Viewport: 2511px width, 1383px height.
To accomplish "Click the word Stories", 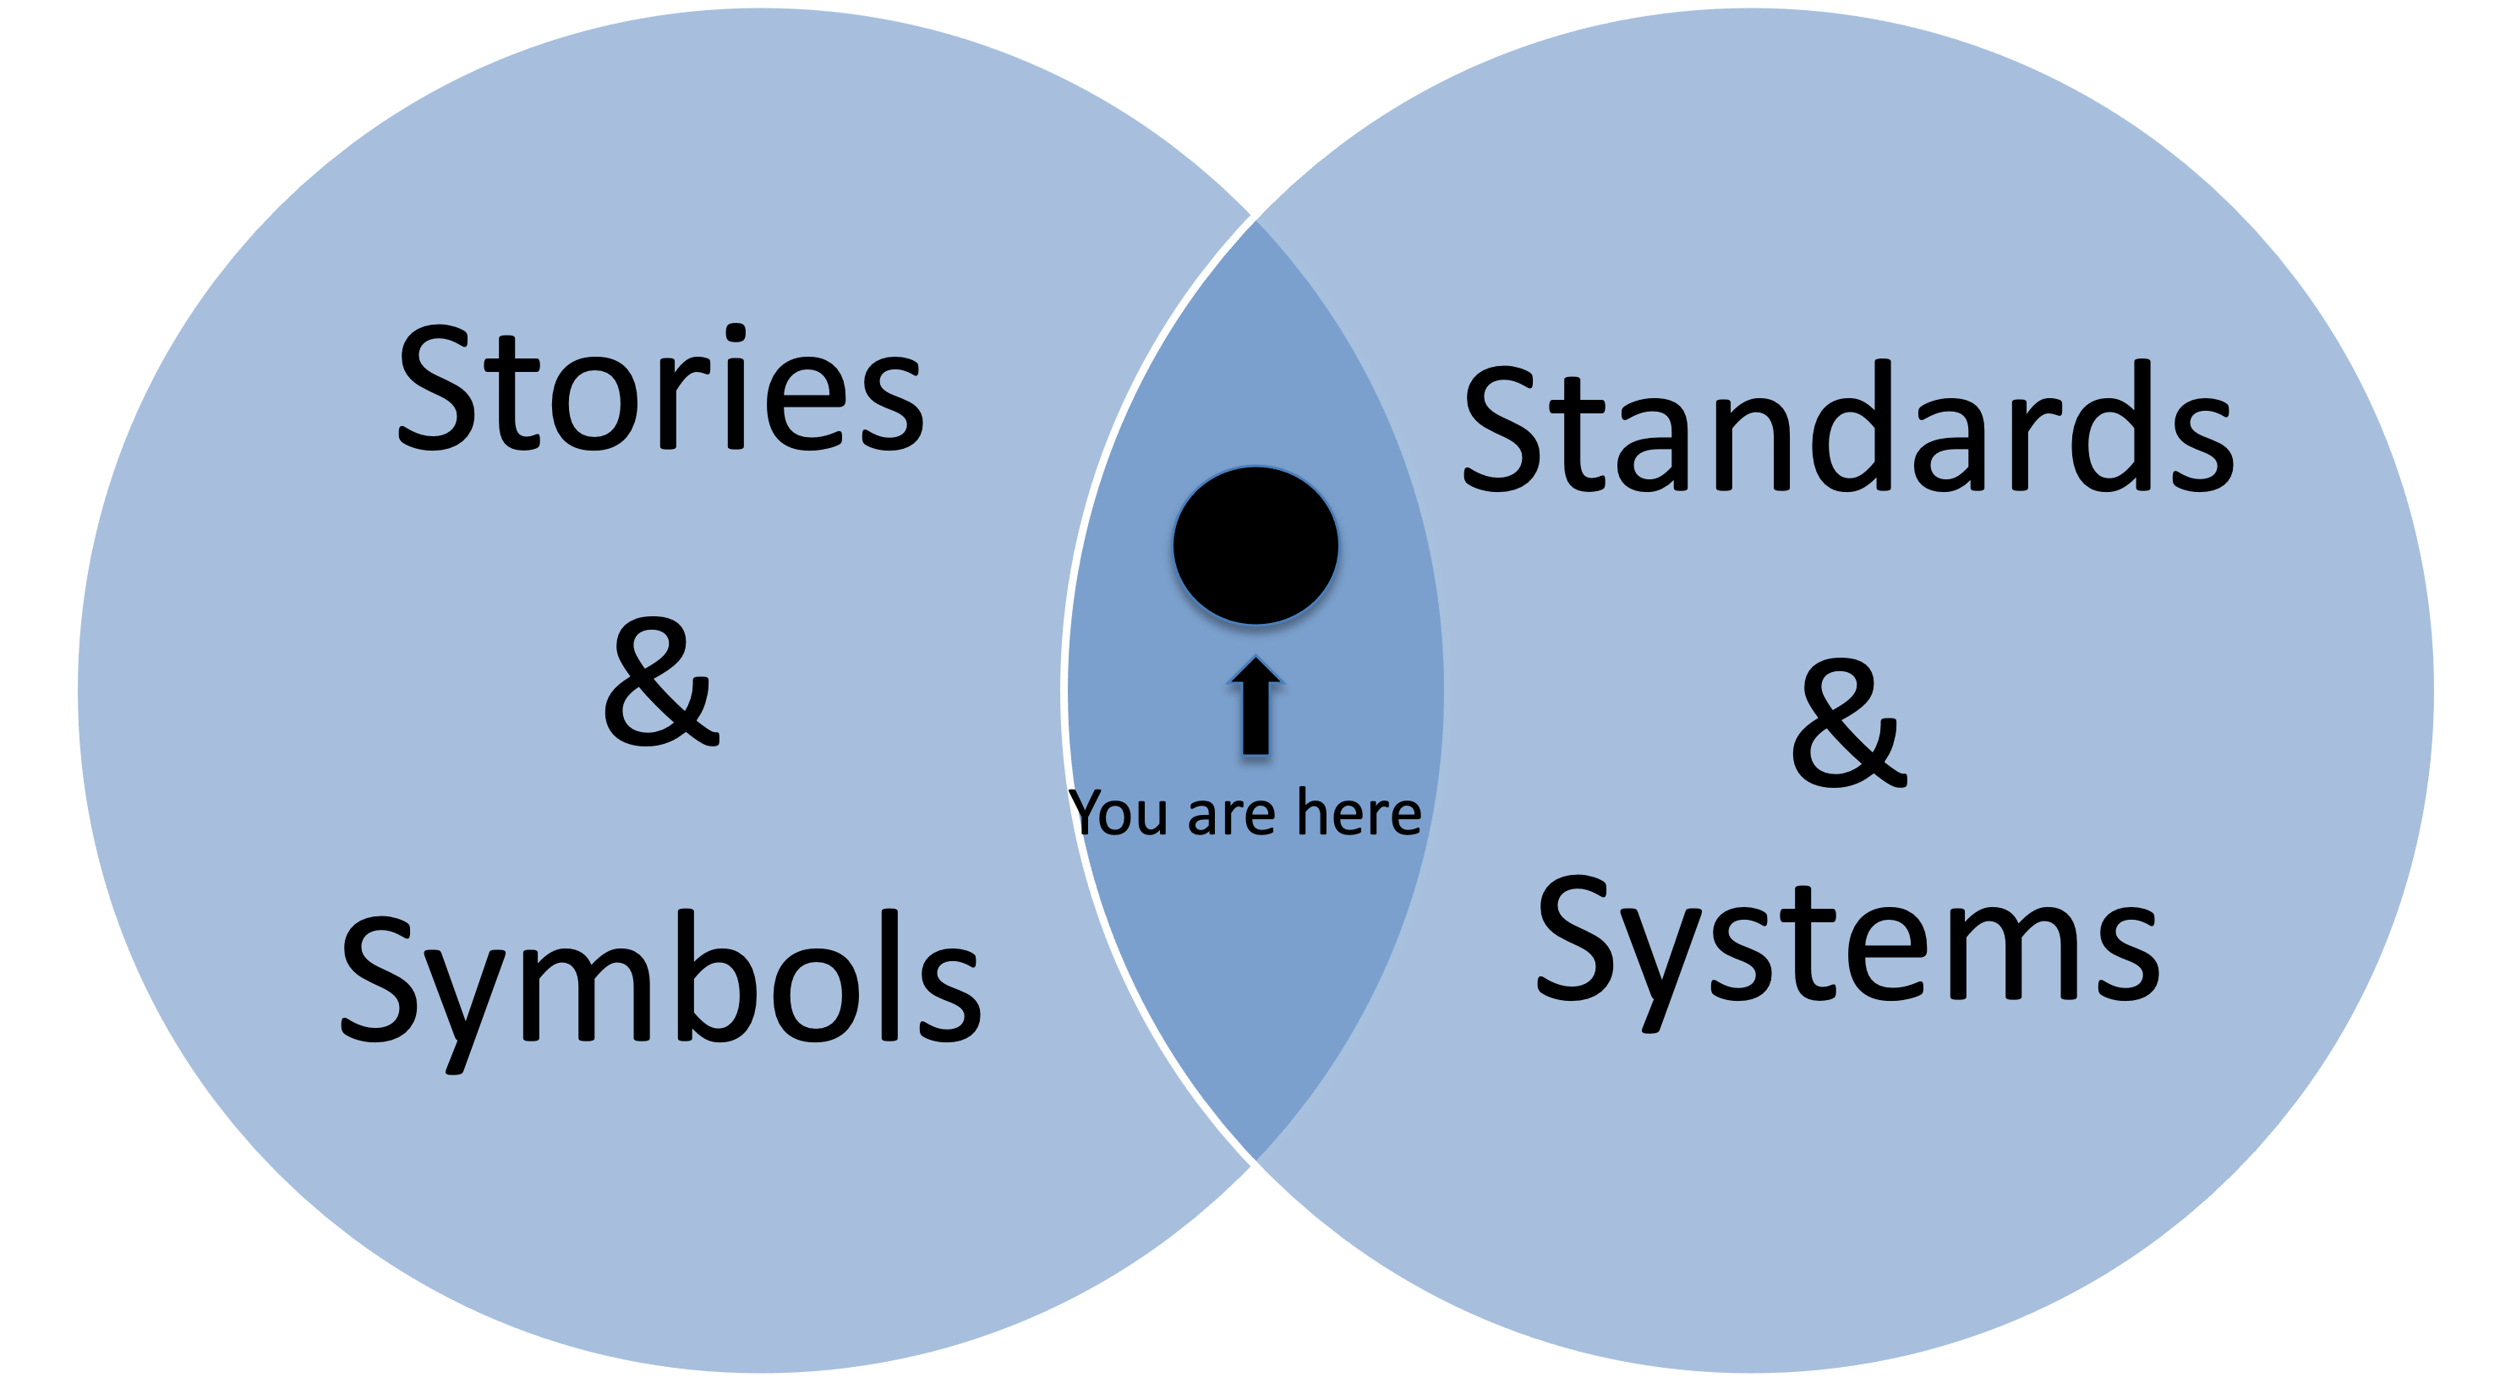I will click(661, 390).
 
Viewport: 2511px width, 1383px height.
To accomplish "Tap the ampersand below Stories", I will click(662, 683).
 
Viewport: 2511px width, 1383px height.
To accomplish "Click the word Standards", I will click(1848, 429).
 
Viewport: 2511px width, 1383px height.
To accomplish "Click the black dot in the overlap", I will click(1255, 546).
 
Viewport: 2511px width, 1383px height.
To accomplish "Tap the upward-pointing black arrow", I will click(1255, 706).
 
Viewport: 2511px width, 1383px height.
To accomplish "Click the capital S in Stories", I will click(435, 390).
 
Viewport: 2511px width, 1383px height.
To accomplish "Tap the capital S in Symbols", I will click(380, 980).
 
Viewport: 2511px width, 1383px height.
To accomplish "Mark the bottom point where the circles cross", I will click(1255, 1165).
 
